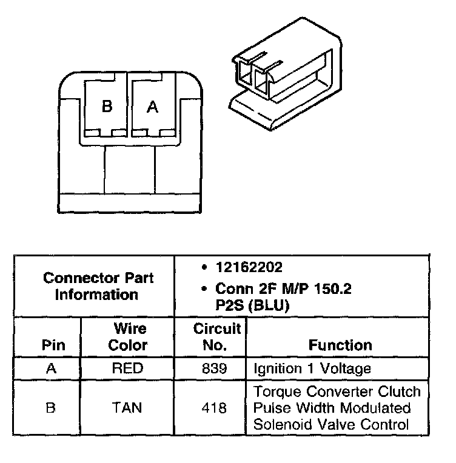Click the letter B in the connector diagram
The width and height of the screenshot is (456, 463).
(107, 107)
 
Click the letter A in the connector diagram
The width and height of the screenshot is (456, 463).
(153, 107)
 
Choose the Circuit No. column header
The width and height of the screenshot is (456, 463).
(217, 337)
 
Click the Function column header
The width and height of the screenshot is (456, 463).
(340, 345)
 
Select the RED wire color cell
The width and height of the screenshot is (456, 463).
(127, 368)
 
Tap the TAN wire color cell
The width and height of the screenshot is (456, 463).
(127, 408)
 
